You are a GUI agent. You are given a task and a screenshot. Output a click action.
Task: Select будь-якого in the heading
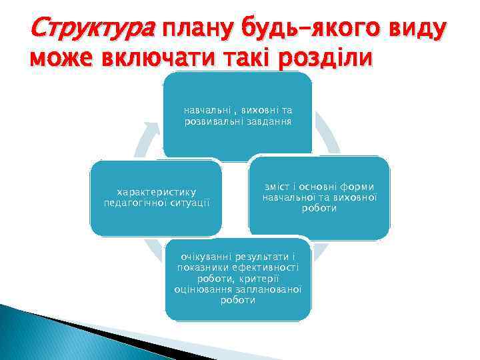(313, 29)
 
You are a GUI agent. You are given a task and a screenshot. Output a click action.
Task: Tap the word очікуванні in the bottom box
(209, 257)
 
